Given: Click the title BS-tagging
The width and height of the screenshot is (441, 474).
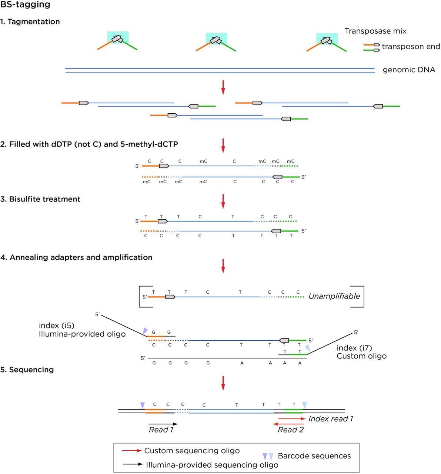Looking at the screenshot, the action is click(x=25, y=4).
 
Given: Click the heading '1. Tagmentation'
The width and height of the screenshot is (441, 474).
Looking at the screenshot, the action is click(x=30, y=21).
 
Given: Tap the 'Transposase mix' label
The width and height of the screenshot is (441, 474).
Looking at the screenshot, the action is click(x=375, y=31).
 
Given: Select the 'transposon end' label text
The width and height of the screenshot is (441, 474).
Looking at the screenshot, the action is click(x=411, y=46).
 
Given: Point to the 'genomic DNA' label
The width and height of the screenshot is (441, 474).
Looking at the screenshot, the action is click(x=409, y=70).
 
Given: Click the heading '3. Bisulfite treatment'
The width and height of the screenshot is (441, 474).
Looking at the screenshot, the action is click(x=40, y=199).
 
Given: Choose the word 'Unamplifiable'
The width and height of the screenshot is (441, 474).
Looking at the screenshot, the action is click(x=334, y=296).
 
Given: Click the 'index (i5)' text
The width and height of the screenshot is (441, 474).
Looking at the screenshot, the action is click(x=57, y=325).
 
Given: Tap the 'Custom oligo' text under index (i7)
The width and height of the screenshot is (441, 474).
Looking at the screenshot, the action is click(x=361, y=356).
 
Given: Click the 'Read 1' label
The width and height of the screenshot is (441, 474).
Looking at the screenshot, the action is click(x=161, y=430).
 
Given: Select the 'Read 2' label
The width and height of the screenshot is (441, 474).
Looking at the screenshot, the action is click(x=291, y=430).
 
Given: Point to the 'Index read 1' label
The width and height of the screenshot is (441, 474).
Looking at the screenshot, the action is click(x=331, y=418).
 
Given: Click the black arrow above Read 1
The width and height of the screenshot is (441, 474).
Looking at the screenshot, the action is click(x=163, y=424).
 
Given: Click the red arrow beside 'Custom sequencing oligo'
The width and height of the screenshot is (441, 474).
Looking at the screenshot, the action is click(x=132, y=450).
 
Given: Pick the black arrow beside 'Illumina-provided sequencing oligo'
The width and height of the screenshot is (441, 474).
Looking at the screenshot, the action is click(x=133, y=464).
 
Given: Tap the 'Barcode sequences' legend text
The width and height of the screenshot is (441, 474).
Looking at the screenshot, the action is click(x=314, y=455).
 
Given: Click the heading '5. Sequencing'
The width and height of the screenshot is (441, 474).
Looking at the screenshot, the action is click(x=27, y=370).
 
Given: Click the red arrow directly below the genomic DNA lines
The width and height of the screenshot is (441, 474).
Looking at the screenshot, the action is click(x=223, y=87).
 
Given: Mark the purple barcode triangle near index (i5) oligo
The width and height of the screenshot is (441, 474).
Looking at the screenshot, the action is click(x=145, y=331).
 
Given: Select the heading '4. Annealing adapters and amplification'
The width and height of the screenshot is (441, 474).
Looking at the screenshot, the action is click(x=76, y=257).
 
